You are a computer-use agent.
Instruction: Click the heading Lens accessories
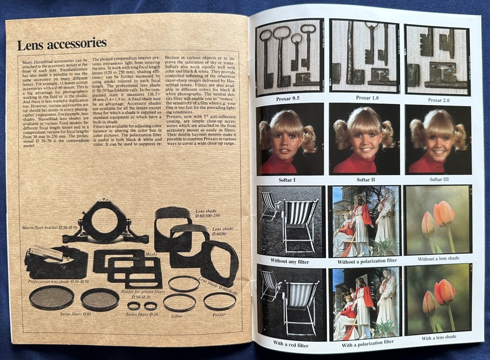(x=62, y=45)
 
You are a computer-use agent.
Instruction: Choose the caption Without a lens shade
(x=439, y=258)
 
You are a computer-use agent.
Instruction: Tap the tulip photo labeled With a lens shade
(x=438, y=299)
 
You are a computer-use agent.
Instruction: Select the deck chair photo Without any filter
(x=290, y=221)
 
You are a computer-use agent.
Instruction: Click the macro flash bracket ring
(x=105, y=221)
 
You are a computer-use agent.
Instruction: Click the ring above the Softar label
(x=179, y=302)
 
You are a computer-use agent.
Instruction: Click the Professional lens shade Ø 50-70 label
(x=58, y=282)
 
